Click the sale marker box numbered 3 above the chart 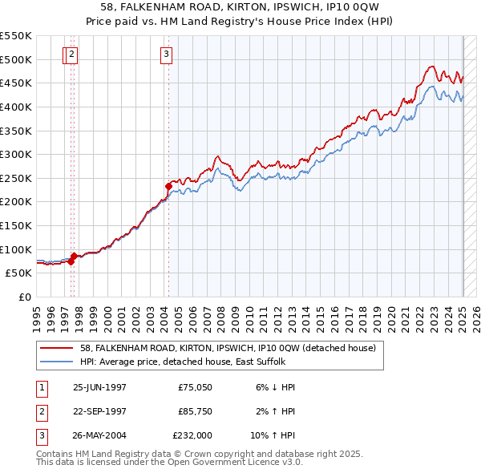166,55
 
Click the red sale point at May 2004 169,186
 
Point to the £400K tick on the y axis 16,107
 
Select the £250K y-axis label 16,178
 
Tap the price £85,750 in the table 195,411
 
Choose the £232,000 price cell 195,435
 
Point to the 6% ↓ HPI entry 276,387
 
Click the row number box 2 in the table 39,411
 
